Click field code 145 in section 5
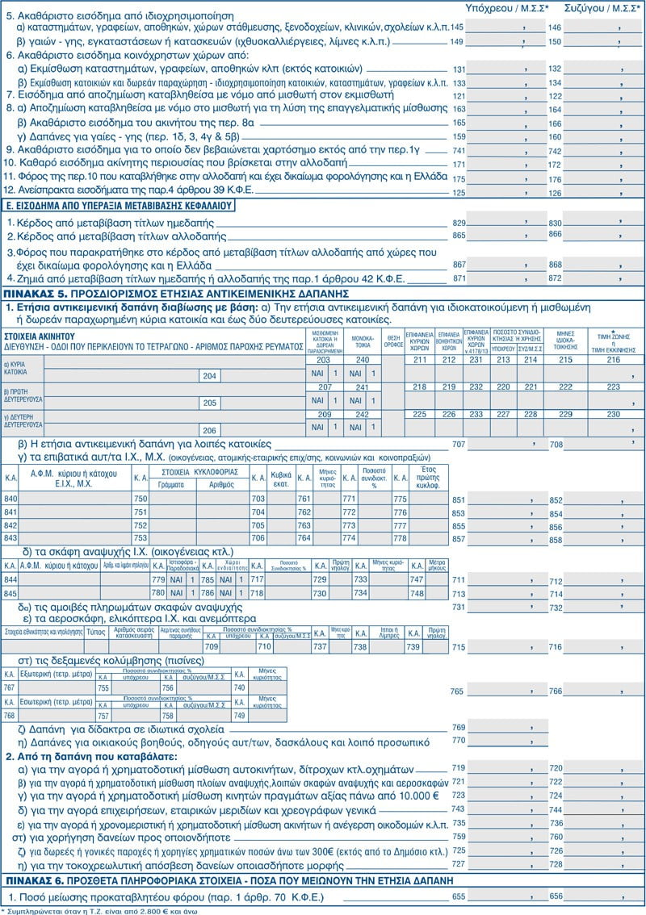(x=457, y=27)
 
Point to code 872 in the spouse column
(x=555, y=278)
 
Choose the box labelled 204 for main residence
(x=210, y=376)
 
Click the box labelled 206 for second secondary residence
(x=210, y=430)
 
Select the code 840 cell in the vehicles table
(x=11, y=500)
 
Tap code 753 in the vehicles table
(x=140, y=538)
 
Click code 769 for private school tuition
(x=459, y=727)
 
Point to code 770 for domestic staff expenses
(x=459, y=740)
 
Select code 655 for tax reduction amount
(x=459, y=896)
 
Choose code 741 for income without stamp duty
(x=459, y=151)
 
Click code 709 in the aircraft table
(x=212, y=646)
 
